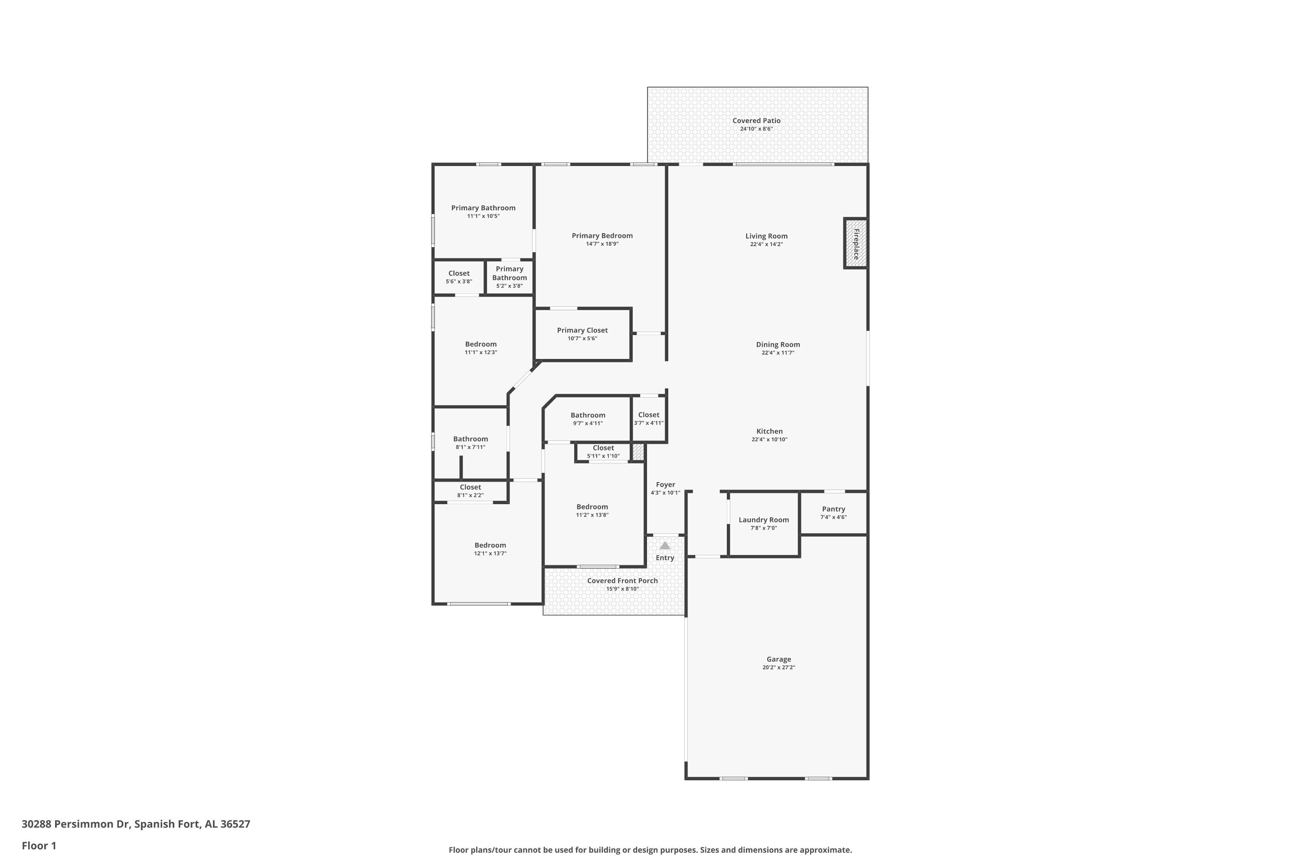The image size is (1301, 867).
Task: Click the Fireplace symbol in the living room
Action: [855, 243]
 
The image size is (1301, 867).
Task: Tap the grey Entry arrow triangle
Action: [665, 545]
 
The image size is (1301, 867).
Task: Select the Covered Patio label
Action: [756, 121]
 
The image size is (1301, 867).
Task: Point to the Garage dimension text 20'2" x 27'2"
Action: [778, 668]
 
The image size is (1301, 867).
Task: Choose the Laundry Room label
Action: [763, 520]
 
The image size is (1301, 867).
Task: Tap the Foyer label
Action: [665, 484]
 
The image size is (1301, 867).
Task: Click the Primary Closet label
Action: [582, 330]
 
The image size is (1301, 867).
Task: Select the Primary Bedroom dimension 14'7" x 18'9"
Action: [602, 244]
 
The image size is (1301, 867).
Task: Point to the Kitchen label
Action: [769, 431]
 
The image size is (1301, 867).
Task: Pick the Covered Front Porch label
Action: [622, 580]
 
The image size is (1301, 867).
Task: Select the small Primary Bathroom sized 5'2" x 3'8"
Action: [510, 277]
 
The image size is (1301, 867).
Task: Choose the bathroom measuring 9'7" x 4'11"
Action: [588, 419]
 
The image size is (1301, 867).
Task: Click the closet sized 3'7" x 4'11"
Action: [648, 419]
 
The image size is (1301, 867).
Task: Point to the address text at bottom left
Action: [136, 825]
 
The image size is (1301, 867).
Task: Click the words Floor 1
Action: [39, 846]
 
